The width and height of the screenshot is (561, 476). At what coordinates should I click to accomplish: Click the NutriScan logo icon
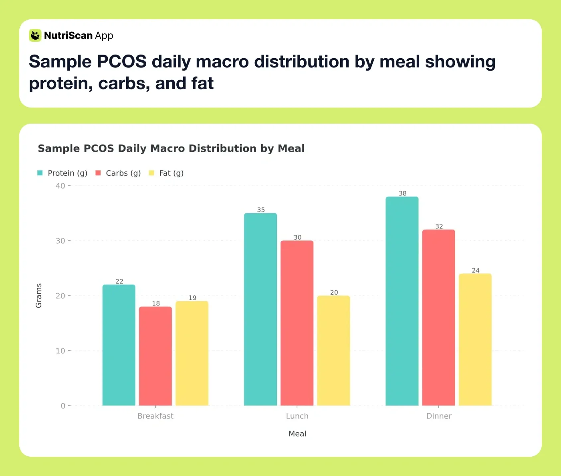(x=35, y=35)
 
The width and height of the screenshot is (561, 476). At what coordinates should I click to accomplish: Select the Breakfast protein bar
(x=119, y=345)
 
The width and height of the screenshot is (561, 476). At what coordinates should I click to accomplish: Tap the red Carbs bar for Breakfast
(x=155, y=356)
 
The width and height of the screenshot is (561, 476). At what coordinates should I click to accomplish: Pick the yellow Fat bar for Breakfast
(x=192, y=353)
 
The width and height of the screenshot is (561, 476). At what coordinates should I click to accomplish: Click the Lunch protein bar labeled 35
(x=260, y=309)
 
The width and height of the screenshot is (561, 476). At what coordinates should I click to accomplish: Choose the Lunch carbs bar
(x=297, y=323)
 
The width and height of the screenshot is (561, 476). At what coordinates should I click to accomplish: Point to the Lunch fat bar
(x=333, y=350)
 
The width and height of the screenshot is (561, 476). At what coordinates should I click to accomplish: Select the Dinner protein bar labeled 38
(x=402, y=301)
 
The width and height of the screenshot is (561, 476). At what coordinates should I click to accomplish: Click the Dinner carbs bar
(x=438, y=317)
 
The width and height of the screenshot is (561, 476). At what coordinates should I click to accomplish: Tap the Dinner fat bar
(x=475, y=340)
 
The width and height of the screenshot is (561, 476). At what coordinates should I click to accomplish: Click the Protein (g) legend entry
(x=63, y=173)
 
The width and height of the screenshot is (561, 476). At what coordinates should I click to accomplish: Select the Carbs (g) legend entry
(x=118, y=173)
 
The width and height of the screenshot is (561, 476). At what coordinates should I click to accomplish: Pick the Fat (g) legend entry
(x=166, y=173)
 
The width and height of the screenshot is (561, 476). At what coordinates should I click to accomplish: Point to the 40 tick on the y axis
(x=61, y=186)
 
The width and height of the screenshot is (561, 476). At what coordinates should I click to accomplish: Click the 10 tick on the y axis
(x=61, y=351)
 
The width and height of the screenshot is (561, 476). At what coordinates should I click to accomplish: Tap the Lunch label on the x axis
(x=297, y=416)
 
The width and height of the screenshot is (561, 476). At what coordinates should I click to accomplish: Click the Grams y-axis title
(x=39, y=295)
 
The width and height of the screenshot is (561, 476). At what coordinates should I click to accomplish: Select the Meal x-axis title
(x=297, y=433)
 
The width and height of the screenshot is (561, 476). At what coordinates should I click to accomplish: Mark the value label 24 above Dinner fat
(x=475, y=270)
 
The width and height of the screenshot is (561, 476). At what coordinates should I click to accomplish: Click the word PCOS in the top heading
(x=121, y=62)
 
